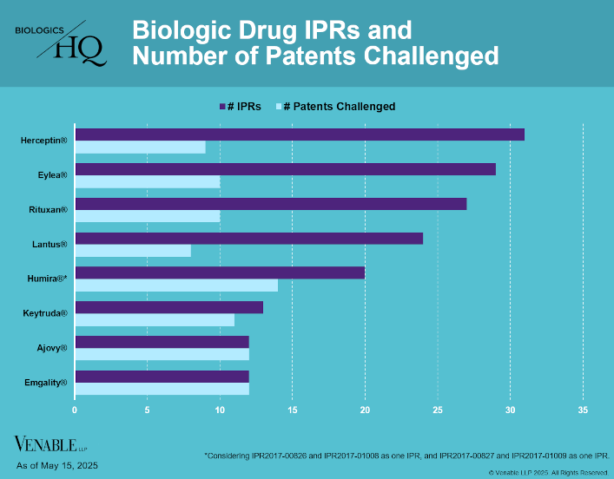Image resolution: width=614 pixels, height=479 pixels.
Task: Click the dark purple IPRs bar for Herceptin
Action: point(300,135)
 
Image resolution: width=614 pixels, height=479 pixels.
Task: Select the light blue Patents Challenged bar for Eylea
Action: point(148,181)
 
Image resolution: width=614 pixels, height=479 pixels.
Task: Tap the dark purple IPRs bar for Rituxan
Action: point(271,204)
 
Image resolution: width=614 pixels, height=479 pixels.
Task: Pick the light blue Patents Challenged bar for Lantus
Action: point(133,251)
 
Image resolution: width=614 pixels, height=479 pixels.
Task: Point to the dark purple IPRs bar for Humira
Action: point(220,272)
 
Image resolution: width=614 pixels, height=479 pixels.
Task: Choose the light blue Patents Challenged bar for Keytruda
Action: point(155,320)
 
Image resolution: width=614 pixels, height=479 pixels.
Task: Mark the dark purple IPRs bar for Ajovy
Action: point(162,342)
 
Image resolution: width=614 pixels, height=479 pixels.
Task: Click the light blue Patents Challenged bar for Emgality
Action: point(162,389)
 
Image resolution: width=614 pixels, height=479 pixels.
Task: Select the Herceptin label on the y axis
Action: point(45,139)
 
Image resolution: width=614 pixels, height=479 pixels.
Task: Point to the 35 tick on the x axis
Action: point(583,410)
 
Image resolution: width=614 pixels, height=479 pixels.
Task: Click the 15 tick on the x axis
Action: point(293,410)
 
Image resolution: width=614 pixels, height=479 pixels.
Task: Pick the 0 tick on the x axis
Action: point(75,410)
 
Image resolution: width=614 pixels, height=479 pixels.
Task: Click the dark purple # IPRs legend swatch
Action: point(222,107)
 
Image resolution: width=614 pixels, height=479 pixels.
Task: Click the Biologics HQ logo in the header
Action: point(61,43)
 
